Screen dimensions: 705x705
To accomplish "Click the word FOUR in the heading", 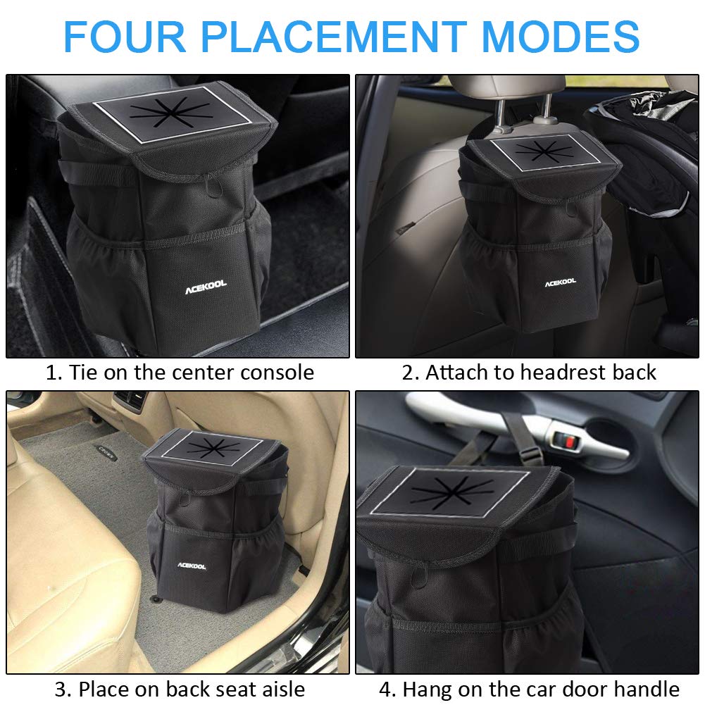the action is (125, 37).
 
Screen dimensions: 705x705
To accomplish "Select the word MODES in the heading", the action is (561, 37).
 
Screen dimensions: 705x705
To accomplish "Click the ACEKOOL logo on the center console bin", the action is (206, 287).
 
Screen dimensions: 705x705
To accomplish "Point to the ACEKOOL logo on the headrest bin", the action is (560, 282).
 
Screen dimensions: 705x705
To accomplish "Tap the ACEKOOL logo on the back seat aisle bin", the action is (192, 566).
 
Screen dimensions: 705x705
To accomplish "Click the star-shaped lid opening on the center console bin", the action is (171, 113).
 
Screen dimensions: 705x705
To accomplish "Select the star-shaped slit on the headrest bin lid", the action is (544, 151).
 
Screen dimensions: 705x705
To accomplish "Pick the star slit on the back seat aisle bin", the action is (213, 447).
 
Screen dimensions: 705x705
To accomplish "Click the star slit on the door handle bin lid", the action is (451, 492).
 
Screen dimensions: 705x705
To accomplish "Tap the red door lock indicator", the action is (569, 442).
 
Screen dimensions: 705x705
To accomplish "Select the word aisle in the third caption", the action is (283, 689).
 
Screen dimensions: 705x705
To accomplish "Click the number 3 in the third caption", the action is (61, 690).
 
